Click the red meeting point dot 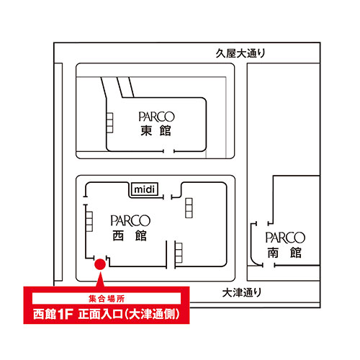(100, 264)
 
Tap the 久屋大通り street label (240, 53)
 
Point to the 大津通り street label (242, 292)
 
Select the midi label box (144, 189)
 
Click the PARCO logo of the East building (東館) (156, 117)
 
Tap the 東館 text (156, 131)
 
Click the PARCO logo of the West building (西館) (130, 220)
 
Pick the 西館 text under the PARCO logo (130, 235)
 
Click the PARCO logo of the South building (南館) (285, 238)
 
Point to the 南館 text (284, 253)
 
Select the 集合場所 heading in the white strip (107, 299)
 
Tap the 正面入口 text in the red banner (101, 314)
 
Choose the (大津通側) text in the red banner (152, 314)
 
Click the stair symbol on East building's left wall (109, 123)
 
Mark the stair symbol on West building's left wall (89, 222)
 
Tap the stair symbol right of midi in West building (189, 208)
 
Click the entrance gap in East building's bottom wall (168, 151)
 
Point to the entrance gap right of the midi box (168, 197)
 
